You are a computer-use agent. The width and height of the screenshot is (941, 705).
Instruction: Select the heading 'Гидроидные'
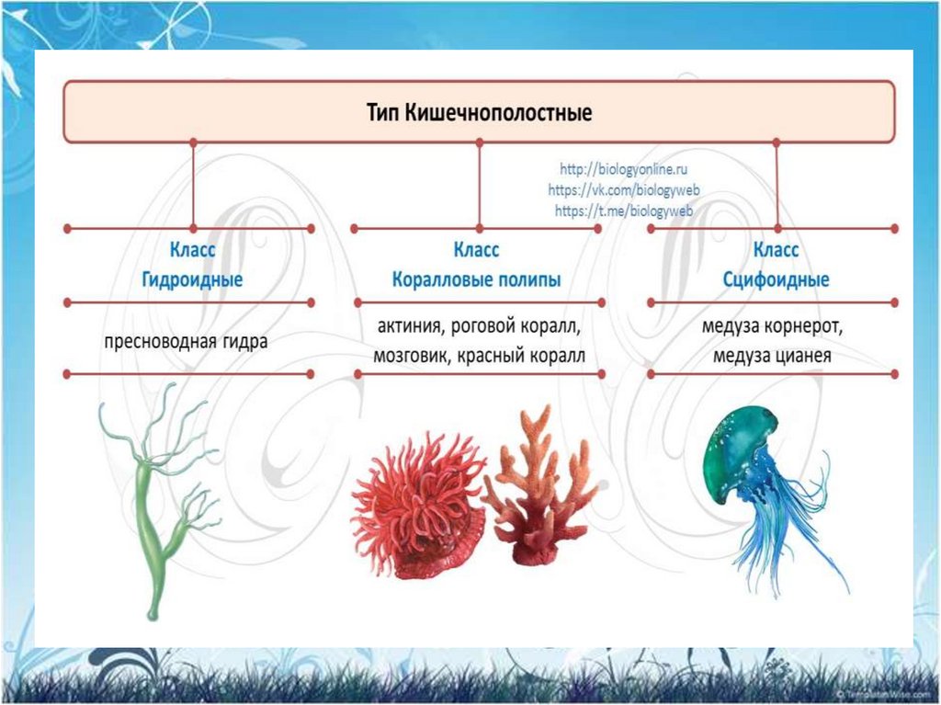(x=192, y=280)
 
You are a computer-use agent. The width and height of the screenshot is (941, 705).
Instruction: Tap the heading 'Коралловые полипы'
(x=476, y=280)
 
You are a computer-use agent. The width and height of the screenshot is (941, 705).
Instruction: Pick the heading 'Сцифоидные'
(x=776, y=280)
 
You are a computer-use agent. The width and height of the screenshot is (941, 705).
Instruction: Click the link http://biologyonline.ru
(x=624, y=171)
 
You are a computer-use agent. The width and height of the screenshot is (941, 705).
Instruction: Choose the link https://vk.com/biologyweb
(x=624, y=190)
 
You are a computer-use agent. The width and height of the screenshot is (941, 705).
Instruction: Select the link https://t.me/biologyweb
(x=624, y=210)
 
